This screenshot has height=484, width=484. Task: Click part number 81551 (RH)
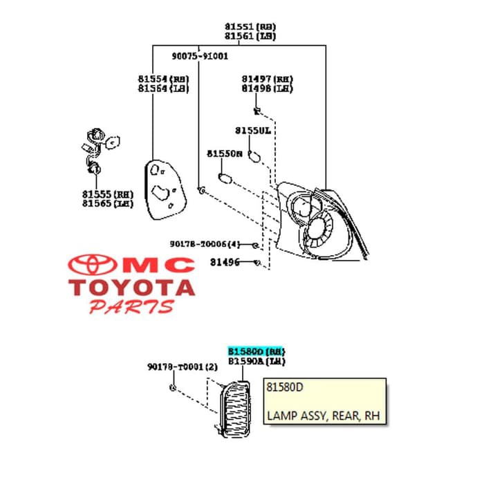pyautogui.click(x=249, y=26)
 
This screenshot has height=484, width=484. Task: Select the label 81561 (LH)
pyautogui.click(x=249, y=36)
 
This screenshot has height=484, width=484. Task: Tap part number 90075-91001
pyautogui.click(x=200, y=56)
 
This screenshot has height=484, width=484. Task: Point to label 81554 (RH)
pyautogui.click(x=163, y=79)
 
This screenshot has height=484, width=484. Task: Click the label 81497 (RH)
pyautogui.click(x=267, y=79)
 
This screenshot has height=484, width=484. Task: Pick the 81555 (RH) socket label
pyautogui.click(x=107, y=194)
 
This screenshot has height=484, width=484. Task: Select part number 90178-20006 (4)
pyautogui.click(x=205, y=244)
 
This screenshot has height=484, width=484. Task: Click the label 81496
pyautogui.click(x=225, y=262)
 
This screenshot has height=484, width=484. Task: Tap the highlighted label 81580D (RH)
pyautogui.click(x=257, y=351)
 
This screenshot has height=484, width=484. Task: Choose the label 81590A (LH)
pyautogui.click(x=257, y=361)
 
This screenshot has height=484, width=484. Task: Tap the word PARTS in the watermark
pyautogui.click(x=131, y=306)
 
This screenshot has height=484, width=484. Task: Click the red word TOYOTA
pyautogui.click(x=131, y=286)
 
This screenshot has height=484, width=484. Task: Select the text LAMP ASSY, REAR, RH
pyautogui.click(x=323, y=416)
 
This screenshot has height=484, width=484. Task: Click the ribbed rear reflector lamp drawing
pyautogui.click(x=232, y=408)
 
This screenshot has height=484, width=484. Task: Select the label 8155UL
pyautogui.click(x=252, y=130)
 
